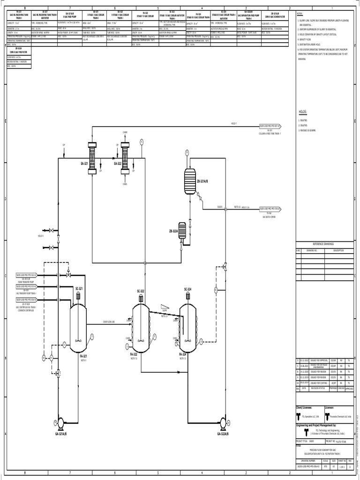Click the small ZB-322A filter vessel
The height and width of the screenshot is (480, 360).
(x=182, y=231)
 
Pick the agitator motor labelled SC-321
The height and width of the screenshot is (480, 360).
(x=79, y=296)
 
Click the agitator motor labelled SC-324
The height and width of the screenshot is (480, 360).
(x=187, y=296)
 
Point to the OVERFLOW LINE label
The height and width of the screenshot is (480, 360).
(x=109, y=322)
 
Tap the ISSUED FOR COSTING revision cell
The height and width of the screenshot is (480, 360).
(x=317, y=382)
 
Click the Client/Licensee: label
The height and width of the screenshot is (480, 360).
(x=304, y=408)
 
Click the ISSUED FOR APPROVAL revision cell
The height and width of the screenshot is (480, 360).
(x=317, y=360)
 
